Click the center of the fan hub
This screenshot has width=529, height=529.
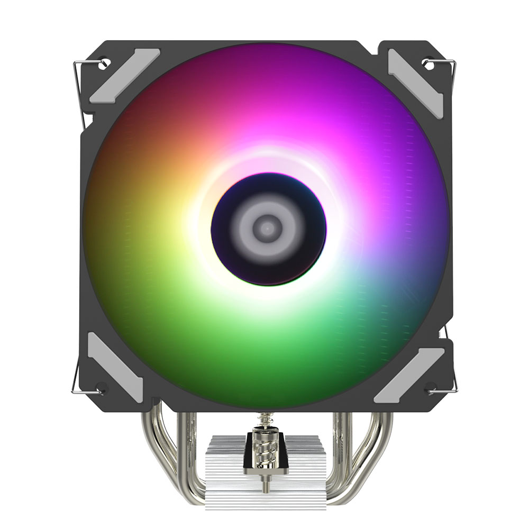[x=268, y=229]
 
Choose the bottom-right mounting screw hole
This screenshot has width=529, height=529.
[x=430, y=385]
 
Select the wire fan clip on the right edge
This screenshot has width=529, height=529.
[x=454, y=222]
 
